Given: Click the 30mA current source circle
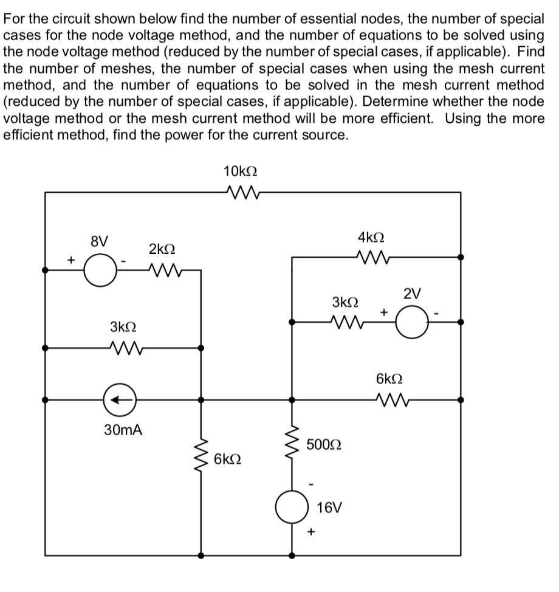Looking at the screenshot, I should pos(119,400).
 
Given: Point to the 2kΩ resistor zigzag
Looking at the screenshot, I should pos(163,269).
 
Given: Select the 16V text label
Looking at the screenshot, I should pos(330,508).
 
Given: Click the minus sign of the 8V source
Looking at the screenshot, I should pos(123,261).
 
